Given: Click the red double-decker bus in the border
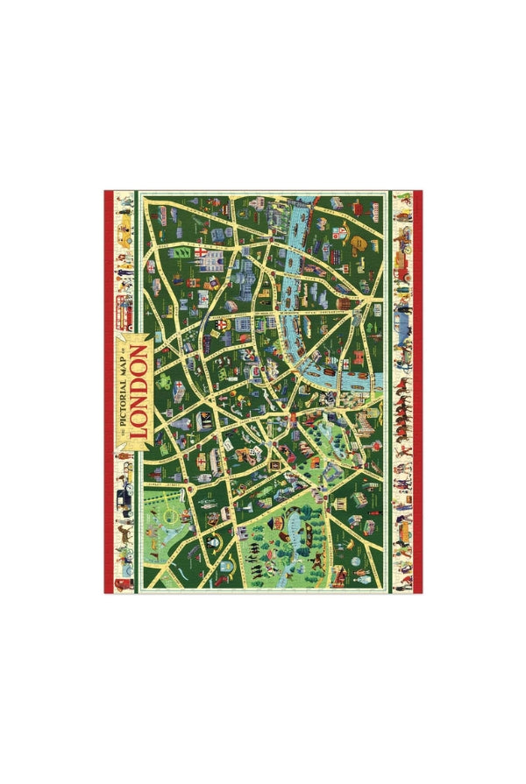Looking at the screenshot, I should point(125,307).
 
